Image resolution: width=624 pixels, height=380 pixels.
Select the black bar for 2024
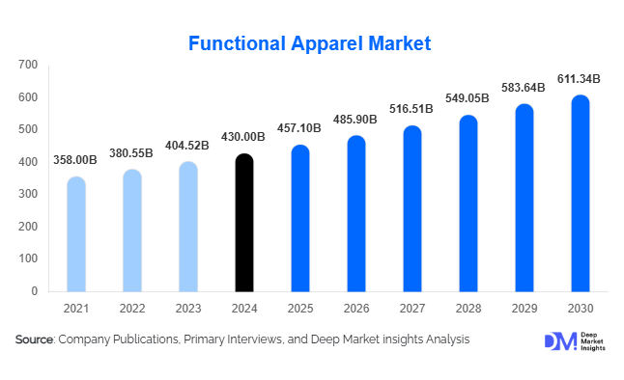(x=244, y=223)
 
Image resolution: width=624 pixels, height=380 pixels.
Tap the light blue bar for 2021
(x=76, y=234)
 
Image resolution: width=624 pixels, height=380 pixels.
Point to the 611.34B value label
(x=580, y=78)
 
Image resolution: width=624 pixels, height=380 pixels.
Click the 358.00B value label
(x=76, y=160)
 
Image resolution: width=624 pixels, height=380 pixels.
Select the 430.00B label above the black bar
(x=244, y=138)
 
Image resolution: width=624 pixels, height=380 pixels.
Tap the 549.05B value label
(x=468, y=99)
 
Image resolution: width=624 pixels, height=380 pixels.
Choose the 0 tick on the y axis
(x=34, y=290)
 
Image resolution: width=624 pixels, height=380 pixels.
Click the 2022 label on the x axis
(x=132, y=308)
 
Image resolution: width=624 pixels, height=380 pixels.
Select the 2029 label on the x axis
(x=524, y=308)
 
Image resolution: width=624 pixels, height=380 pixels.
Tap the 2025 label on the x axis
(x=300, y=308)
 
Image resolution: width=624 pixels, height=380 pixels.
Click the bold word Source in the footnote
(x=35, y=339)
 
